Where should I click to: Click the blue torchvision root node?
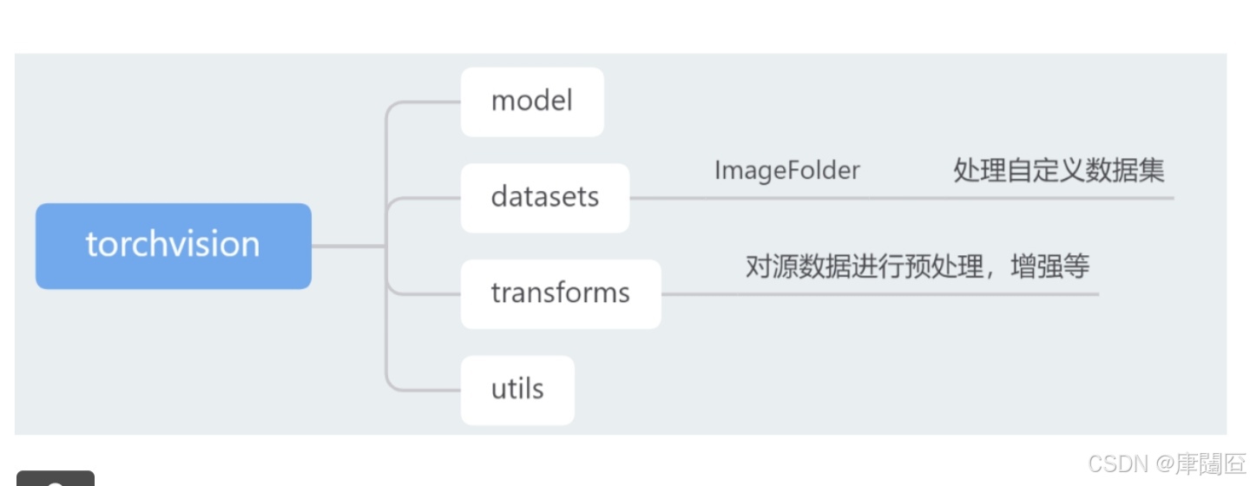[x=173, y=246]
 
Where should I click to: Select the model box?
[x=531, y=102]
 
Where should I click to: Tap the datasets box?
[x=544, y=198]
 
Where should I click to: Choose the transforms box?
[x=560, y=293]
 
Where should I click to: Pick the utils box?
[x=517, y=390]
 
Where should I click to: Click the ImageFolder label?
[x=786, y=171]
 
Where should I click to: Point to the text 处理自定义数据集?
[x=1058, y=171]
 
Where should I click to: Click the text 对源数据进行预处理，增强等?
[x=917, y=266]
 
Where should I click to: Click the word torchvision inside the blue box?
[x=173, y=245]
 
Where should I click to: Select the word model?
[x=531, y=102]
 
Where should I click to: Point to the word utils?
[x=517, y=389]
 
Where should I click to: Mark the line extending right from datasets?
[x=903, y=198]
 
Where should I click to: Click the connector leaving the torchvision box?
[x=347, y=246]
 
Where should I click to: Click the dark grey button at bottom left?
[x=56, y=478]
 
